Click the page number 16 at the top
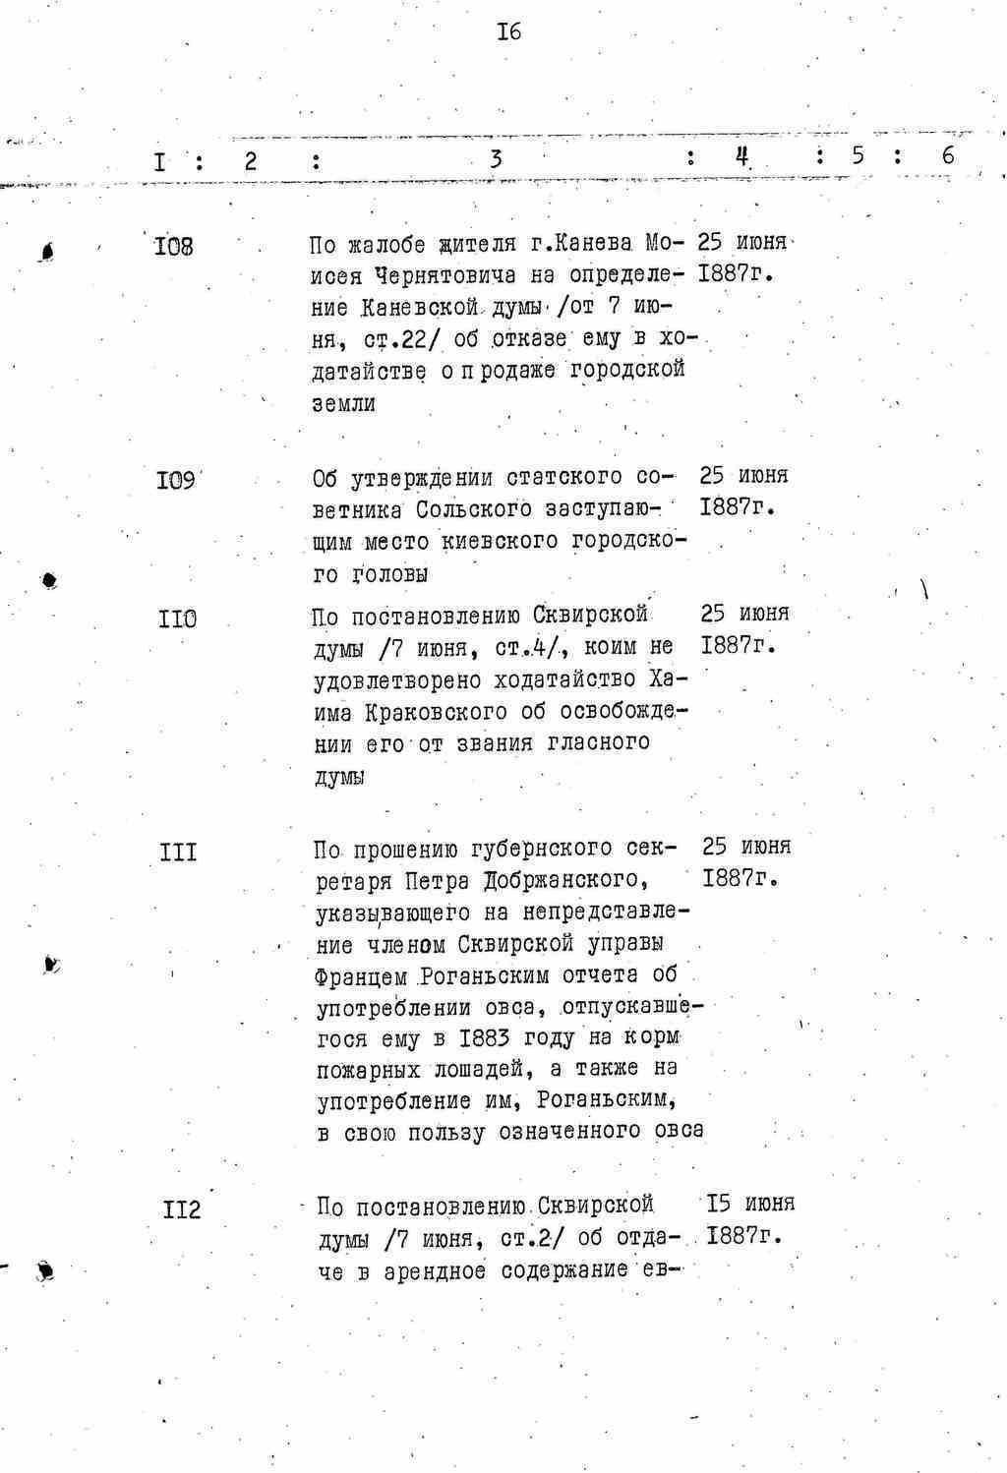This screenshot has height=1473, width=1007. point(508,32)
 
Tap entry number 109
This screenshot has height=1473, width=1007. point(176,482)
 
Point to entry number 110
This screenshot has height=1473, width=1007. point(177,619)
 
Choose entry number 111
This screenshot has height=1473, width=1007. point(178,852)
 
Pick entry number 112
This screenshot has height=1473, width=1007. point(182,1208)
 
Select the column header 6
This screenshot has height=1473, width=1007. point(947,155)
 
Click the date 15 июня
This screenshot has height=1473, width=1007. point(750,1204)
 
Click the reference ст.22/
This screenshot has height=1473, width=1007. point(399,340)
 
